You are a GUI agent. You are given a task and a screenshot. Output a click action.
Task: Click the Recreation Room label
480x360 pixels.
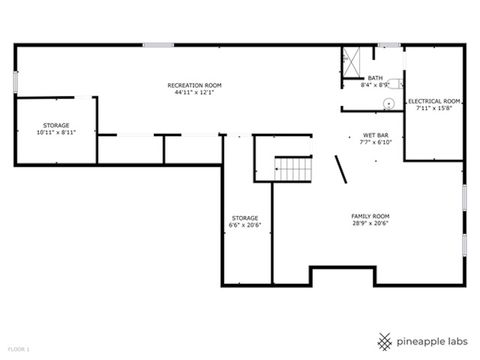[194, 85]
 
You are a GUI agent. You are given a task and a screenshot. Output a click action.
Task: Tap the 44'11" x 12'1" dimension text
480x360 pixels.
[194, 92]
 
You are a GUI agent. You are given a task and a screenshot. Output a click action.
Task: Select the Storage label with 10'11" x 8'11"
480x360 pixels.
[55, 125]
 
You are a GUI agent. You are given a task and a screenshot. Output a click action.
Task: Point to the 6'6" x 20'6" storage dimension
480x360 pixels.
[245, 224]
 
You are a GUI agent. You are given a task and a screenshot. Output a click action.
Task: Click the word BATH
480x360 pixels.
[375, 77]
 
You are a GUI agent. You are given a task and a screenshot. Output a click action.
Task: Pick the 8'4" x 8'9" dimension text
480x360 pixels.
[375, 85]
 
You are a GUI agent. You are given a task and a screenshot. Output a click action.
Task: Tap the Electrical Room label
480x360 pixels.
[434, 101]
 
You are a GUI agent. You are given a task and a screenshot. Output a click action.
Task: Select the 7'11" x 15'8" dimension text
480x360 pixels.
[434, 108]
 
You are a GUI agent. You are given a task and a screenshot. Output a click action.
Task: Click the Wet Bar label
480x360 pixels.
[376, 135]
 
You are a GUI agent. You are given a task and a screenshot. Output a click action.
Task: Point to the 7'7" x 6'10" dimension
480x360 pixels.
[376, 142]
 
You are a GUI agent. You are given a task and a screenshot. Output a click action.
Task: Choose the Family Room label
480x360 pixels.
[370, 216]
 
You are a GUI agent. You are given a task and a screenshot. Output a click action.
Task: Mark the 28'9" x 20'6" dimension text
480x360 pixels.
[370, 224]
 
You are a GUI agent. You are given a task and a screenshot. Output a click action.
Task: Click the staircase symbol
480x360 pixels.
[295, 169]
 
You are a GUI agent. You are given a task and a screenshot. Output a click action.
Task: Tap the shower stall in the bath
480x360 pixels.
[352, 59]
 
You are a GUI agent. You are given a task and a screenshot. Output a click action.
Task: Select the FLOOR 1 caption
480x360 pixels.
[18, 349]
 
